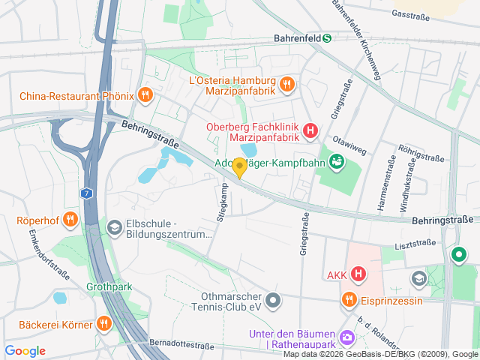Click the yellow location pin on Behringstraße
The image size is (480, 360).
(239, 167)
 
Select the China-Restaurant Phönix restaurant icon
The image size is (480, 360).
(146, 95)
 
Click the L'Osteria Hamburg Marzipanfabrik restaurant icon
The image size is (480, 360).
(286, 86)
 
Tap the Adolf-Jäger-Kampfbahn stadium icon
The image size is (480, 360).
(337, 160)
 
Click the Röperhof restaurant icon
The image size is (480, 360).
(70, 220)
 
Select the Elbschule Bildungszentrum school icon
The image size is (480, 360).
(114, 226)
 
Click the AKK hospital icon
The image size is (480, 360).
(358, 274)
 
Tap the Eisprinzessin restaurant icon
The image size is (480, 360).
(349, 301)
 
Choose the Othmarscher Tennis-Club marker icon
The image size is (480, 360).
(273, 301)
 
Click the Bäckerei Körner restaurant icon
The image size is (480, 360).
(103, 324)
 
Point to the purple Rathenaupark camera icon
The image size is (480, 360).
(346, 337)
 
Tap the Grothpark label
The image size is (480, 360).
(109, 286)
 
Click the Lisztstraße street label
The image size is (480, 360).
(414, 245)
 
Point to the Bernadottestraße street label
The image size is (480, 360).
(181, 343)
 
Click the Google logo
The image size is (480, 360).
(25, 351)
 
